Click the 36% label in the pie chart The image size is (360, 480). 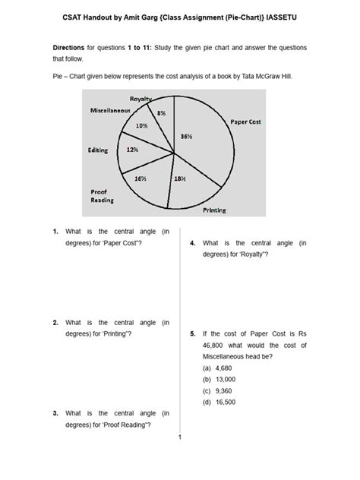pyautogui.click(x=187, y=136)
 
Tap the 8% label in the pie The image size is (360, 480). pyautogui.click(x=161, y=112)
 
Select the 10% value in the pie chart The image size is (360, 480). pyautogui.click(x=141, y=125)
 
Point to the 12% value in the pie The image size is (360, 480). pyautogui.click(x=132, y=150)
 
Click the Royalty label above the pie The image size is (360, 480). pyautogui.click(x=141, y=99)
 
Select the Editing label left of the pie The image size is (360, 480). pyautogui.click(x=99, y=150)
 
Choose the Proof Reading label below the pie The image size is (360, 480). pyautogui.click(x=103, y=195)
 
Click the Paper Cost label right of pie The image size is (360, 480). pyautogui.click(x=246, y=121)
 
